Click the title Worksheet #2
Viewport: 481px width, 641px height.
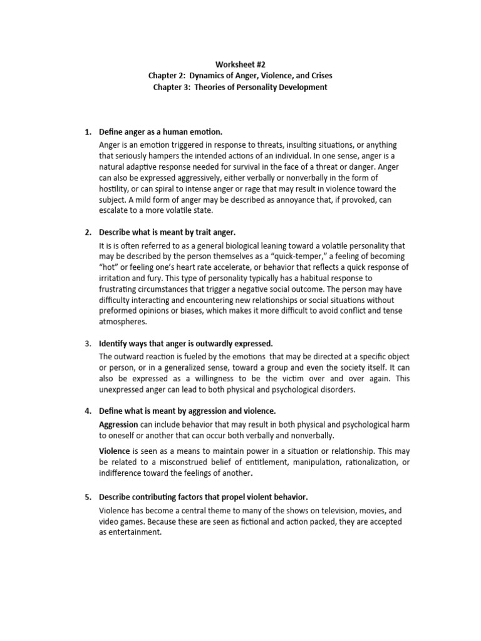240,64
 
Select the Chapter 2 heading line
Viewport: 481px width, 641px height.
240,76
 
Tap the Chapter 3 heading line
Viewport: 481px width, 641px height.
240,88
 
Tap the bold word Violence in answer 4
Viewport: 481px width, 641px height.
115,451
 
